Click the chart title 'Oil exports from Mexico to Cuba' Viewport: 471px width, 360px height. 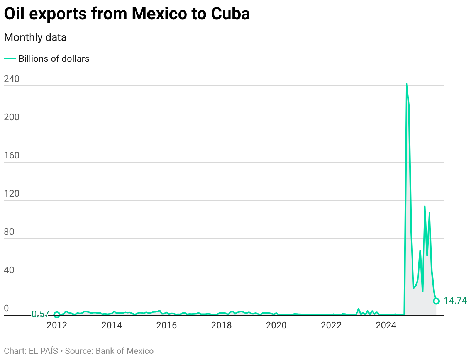coord(127,14)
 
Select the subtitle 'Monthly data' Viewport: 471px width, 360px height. coord(35,37)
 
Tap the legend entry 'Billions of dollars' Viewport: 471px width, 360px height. coord(54,59)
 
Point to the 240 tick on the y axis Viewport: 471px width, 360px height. coord(12,79)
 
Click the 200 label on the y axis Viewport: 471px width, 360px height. coord(12,117)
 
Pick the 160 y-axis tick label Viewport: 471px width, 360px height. coord(12,156)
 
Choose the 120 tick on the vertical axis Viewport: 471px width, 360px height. coord(12,194)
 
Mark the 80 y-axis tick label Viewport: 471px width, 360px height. coord(9,232)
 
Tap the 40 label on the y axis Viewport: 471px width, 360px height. coord(9,270)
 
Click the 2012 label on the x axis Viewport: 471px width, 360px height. coord(57,325)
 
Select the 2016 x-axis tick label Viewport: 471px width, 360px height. coord(166,325)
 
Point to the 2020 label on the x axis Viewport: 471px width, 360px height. coord(276,325)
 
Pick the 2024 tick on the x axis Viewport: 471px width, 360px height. coord(386,325)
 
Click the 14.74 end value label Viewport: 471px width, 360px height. coord(455,301)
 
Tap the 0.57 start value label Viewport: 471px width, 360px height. coord(40,314)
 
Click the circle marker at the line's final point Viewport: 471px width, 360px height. coord(436,301)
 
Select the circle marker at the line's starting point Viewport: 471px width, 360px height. coord(57,315)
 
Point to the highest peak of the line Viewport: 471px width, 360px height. coord(407,83)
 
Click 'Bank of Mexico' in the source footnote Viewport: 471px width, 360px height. coord(124,351)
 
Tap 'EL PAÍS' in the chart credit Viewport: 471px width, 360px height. coord(43,351)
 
